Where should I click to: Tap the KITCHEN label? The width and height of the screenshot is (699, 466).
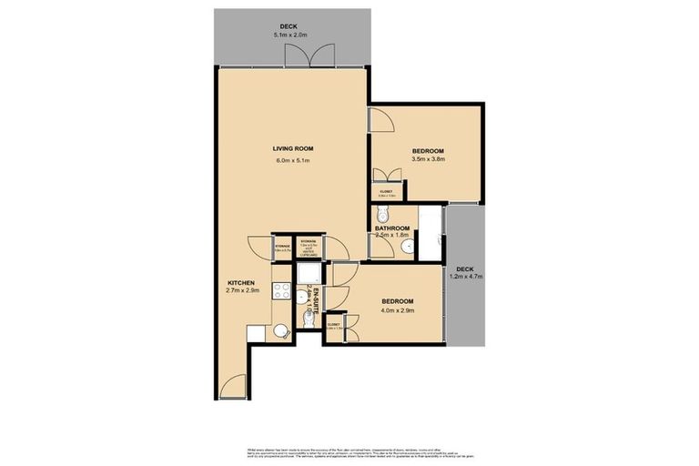tap(240, 282)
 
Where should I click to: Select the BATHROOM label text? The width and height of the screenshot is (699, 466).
tap(392, 228)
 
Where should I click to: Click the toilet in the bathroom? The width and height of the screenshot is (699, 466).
tap(384, 215)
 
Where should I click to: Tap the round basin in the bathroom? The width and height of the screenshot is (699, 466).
tap(410, 246)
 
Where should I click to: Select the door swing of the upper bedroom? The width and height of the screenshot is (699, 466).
tap(380, 120)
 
